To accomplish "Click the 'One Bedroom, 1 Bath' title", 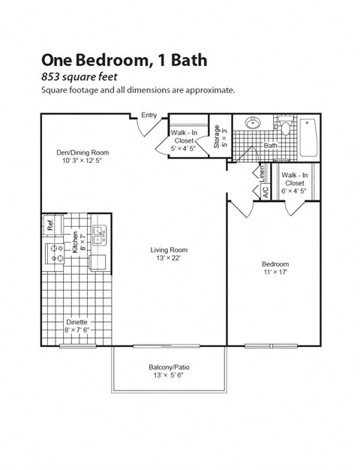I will tap(124, 59).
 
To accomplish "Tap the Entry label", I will tap(149, 115).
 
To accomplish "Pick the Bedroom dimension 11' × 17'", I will tap(274, 273).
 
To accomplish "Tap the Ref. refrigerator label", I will tap(49, 224).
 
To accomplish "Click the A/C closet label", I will tap(265, 190).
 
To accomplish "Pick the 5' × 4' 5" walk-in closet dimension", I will tap(182, 148).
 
